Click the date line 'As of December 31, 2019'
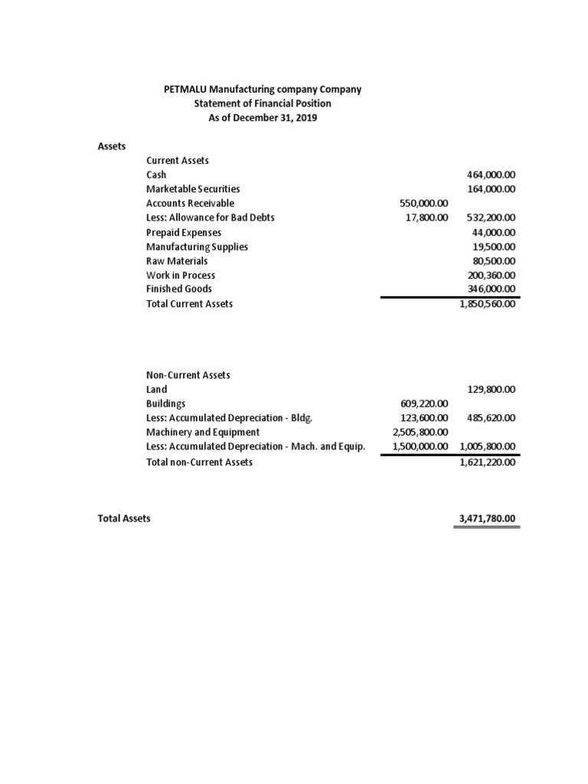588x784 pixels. [263, 118]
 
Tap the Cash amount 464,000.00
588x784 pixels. [491, 175]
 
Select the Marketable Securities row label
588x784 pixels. [193, 188]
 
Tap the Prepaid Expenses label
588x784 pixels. [184, 232]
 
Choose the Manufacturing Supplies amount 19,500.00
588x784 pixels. [495, 247]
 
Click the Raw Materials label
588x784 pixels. [177, 260]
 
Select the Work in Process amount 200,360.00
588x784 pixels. [491, 275]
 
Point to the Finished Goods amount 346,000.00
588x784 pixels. [491, 289]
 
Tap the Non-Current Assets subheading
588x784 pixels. [188, 375]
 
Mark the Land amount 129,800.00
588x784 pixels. [491, 389]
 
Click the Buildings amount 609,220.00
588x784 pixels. [424, 403]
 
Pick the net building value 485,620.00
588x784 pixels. [491, 418]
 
